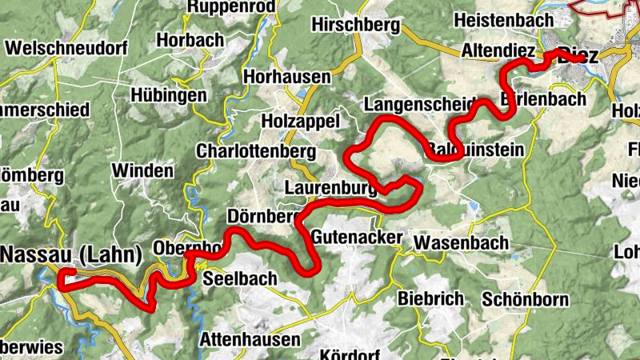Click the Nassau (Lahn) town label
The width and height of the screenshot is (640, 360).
pyautogui.click(x=71, y=255)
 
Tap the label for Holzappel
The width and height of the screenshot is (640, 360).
pyautogui.click(x=301, y=121)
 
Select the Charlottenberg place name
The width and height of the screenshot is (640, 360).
pyautogui.click(x=256, y=151)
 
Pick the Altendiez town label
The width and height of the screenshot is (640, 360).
pyautogui.click(x=498, y=51)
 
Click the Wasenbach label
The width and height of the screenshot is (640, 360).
pyautogui.click(x=462, y=242)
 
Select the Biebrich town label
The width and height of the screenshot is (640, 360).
pyautogui.click(x=430, y=298)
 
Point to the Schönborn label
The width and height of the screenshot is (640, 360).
pyautogui.click(x=525, y=300)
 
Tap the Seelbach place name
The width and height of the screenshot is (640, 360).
pyautogui.click(x=240, y=279)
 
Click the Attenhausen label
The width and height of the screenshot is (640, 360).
pyautogui.click(x=250, y=339)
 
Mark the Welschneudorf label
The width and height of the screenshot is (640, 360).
pyautogui.click(x=66, y=48)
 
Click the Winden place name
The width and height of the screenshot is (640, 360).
pyautogui.click(x=142, y=170)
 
